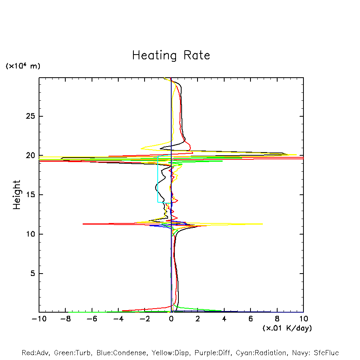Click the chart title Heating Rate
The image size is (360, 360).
coord(171,55)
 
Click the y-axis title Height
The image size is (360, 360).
coord(17,195)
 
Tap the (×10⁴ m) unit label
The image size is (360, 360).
coord(23,66)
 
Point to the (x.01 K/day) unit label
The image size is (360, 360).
coord(287,328)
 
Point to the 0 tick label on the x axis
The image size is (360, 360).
coord(171,319)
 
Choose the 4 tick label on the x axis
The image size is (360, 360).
coord(224,319)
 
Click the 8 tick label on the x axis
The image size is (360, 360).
coord(277,319)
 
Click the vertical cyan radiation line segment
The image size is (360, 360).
coord(158,179)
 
